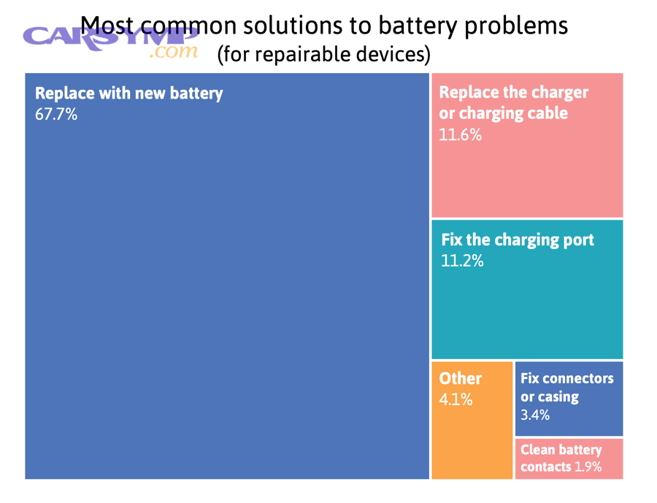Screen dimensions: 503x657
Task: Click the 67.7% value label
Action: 56,115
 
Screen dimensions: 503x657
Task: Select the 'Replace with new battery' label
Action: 128,93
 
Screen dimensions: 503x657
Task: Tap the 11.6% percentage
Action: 460,135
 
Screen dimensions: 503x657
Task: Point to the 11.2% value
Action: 462,261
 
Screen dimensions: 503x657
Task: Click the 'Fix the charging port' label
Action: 518,239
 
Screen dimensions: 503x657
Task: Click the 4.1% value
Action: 456,399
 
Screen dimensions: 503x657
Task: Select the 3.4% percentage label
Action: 535,415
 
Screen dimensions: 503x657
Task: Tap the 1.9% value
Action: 588,467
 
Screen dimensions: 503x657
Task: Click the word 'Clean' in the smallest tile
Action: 538,450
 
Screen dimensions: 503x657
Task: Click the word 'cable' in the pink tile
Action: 546,114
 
